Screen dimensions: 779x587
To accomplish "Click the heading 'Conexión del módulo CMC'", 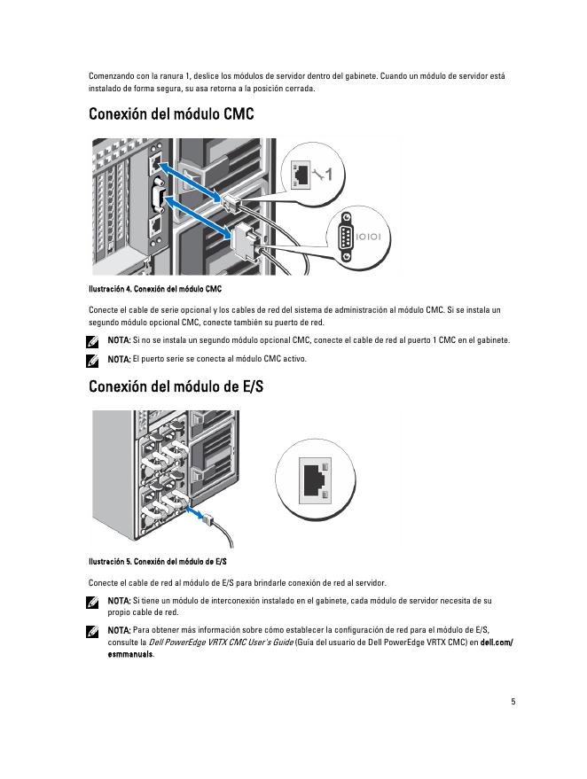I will [x=171, y=115].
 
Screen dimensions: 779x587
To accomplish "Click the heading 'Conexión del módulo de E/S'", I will [x=176, y=387].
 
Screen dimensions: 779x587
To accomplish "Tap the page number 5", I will [x=513, y=702].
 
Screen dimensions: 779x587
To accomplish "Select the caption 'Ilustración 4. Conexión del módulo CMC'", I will [x=155, y=289].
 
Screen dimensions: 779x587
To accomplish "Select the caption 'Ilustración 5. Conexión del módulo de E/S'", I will [x=158, y=562].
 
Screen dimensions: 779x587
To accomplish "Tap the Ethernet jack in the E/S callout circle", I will [x=312, y=479].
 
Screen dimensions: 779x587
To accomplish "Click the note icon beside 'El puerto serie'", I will [x=93, y=360].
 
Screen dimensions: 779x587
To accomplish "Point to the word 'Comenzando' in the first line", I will [x=109, y=76].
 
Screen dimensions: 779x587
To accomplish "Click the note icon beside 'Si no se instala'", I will [x=93, y=340].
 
